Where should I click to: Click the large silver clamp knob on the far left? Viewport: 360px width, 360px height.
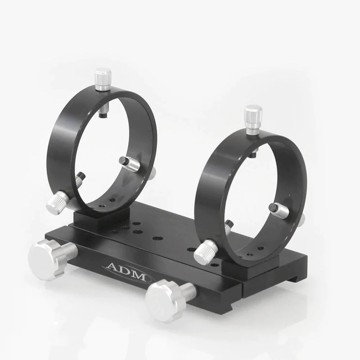coord(45,259)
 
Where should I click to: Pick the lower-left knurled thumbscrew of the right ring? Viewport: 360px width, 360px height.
coord(205,252)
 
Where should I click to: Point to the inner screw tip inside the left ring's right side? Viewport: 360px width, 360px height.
coord(130,164)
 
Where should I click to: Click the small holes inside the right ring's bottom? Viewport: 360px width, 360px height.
coord(255,249)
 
